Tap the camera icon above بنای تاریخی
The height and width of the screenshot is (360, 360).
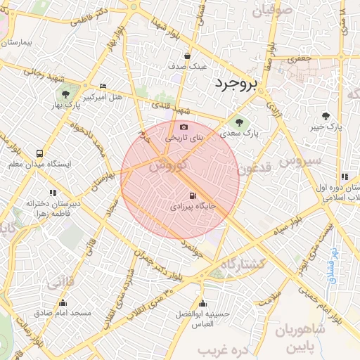click(x=184, y=127)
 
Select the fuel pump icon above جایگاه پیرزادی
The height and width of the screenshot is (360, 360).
click(x=192, y=196)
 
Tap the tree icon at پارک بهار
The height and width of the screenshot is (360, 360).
click(x=66, y=93)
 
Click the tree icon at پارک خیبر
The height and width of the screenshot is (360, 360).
click(x=326, y=117)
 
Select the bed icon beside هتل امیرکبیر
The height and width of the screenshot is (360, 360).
click(x=103, y=86)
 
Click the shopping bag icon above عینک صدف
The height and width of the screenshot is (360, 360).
click(x=187, y=56)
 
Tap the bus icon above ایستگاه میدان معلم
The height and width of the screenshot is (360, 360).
click(x=39, y=153)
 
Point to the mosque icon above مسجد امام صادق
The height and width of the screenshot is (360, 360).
click(x=63, y=303)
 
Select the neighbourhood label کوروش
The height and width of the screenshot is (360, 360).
click(x=168, y=165)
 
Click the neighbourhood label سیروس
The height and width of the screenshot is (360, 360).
click(x=300, y=161)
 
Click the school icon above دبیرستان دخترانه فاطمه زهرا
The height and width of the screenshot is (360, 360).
click(x=53, y=192)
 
